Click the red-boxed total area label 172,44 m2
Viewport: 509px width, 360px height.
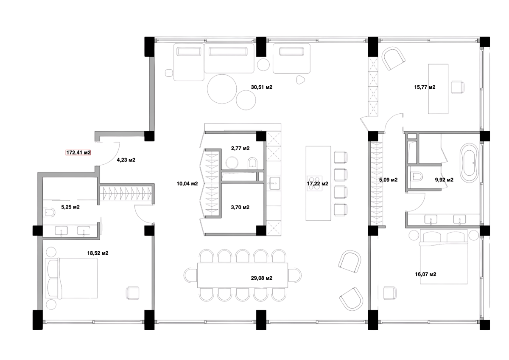[78, 153]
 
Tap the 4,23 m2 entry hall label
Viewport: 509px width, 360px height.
[126, 160]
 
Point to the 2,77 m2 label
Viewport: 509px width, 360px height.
[240, 149]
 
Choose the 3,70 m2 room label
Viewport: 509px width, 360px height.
[240, 207]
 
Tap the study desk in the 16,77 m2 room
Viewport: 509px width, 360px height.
[438, 88]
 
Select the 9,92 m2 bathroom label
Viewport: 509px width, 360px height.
[444, 180]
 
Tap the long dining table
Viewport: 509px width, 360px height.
[242, 275]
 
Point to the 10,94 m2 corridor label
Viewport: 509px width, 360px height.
[187, 184]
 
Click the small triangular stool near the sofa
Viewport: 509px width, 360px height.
[301, 78]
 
